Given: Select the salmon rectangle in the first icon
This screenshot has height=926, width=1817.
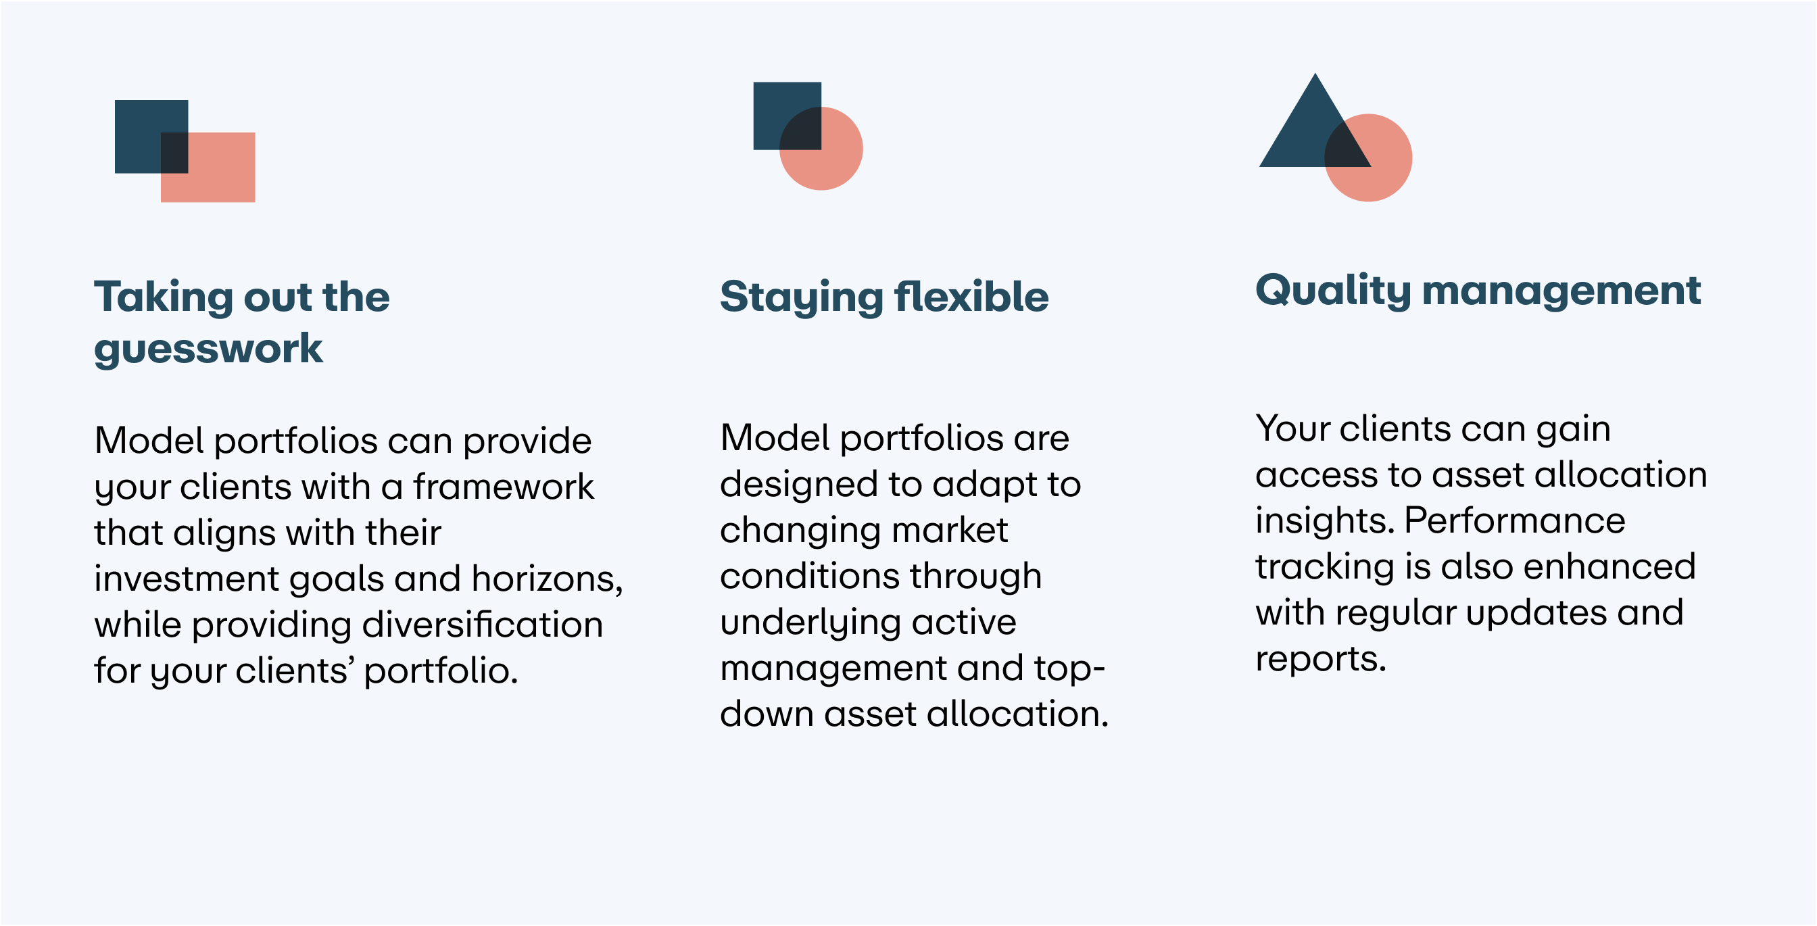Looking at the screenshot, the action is [x=212, y=173].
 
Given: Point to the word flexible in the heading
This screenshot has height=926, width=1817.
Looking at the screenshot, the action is [x=971, y=296].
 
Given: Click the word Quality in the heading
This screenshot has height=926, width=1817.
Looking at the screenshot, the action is [x=1332, y=291].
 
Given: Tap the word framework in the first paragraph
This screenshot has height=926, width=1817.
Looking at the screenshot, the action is [x=504, y=487].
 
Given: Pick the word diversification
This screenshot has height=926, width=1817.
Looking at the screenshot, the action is [x=483, y=625].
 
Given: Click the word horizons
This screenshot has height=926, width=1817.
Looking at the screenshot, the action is [x=547, y=580].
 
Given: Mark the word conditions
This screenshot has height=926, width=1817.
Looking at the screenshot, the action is [x=809, y=576].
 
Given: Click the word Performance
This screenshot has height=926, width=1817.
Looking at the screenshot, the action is [x=1514, y=521].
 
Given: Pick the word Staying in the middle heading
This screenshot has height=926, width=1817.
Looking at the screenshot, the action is [x=801, y=297].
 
